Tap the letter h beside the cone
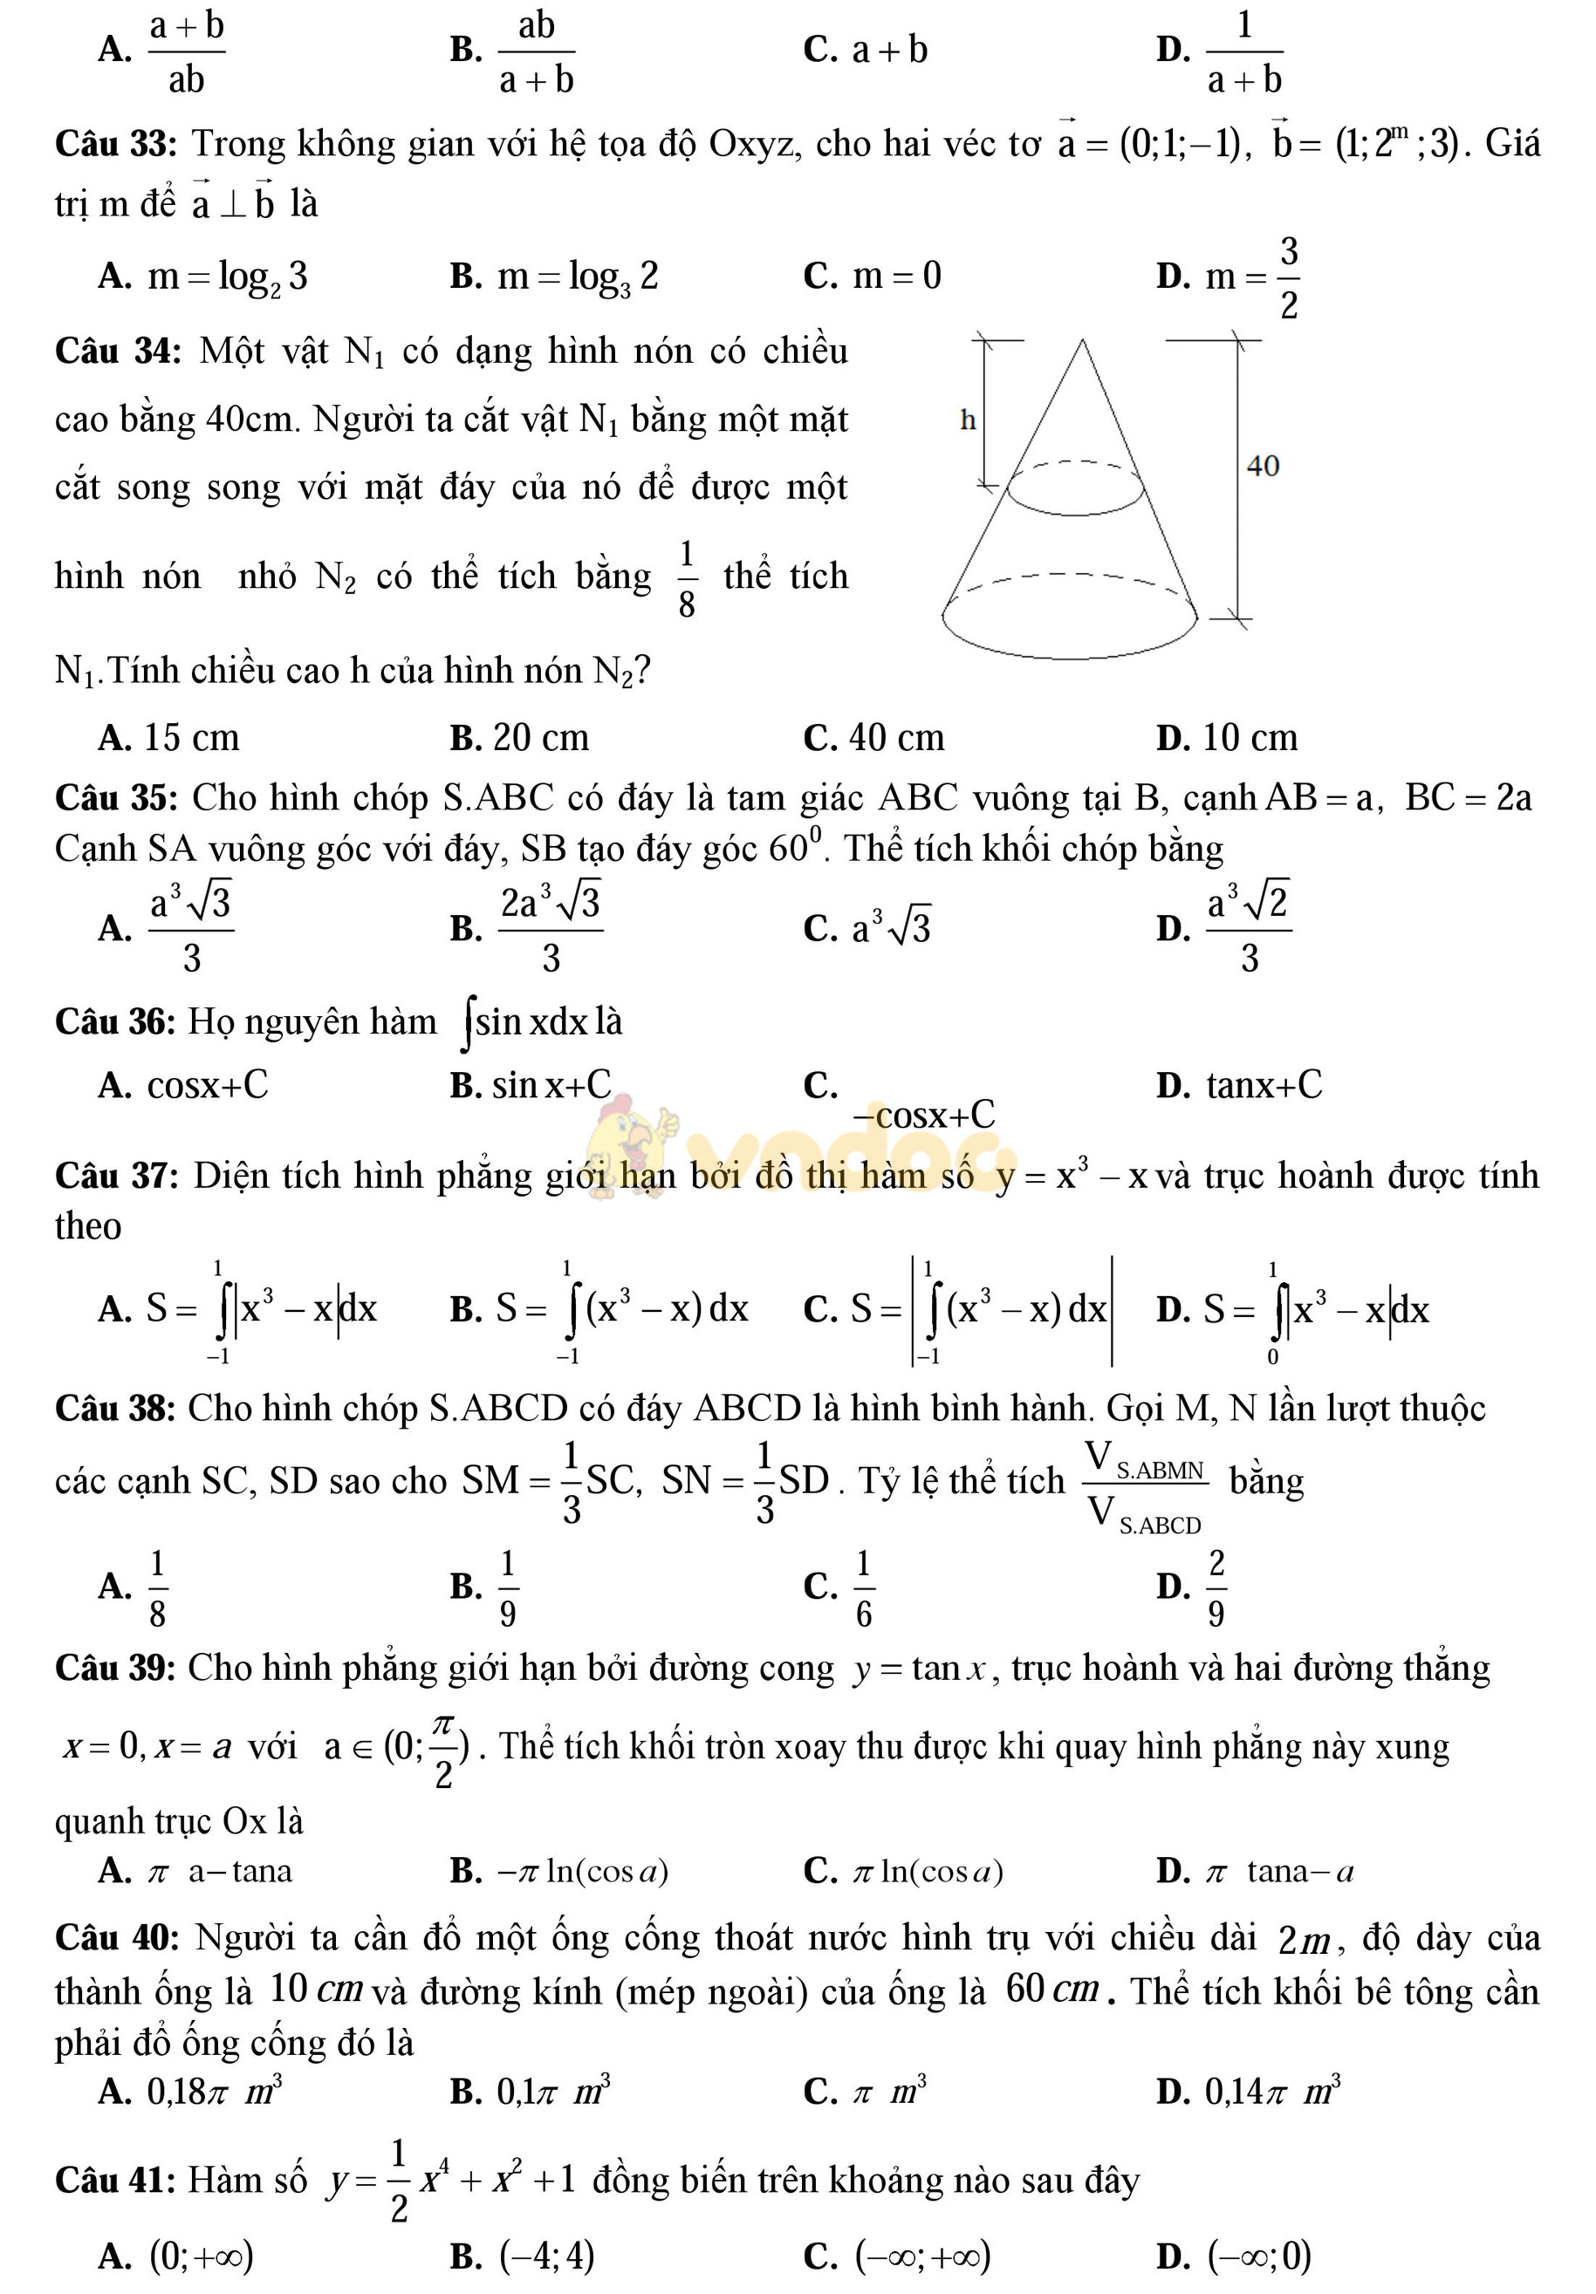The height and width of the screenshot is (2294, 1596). click(x=966, y=420)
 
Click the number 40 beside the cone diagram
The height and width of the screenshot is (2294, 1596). click(x=1262, y=466)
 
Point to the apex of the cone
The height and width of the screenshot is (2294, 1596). click(x=1081, y=342)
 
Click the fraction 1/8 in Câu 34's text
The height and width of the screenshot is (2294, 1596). click(x=687, y=578)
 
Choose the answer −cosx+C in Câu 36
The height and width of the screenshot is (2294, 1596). click(x=923, y=1114)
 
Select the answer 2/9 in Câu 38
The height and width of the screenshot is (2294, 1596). click(x=1216, y=1586)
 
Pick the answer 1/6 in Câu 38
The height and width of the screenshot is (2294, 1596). click(x=864, y=1586)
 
